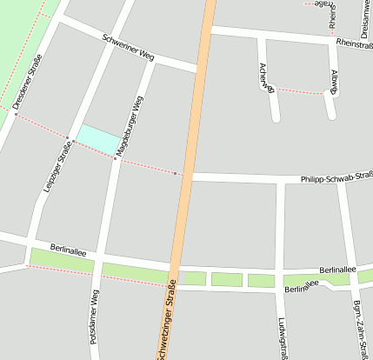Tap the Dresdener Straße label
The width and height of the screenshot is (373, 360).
(28, 82)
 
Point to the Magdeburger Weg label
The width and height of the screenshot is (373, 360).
(127, 126)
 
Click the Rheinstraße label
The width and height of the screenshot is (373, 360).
(352, 43)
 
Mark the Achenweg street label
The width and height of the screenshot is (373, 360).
(264, 77)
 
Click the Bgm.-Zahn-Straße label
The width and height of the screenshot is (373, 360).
(358, 326)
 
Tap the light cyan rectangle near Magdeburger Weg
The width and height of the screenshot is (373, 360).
(99, 137)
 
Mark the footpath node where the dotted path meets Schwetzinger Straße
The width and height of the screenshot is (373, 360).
(176, 174)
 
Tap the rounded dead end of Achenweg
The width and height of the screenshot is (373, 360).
(276, 116)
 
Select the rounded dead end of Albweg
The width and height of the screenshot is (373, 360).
(330, 113)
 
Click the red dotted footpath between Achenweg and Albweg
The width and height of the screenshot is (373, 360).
(300, 90)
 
